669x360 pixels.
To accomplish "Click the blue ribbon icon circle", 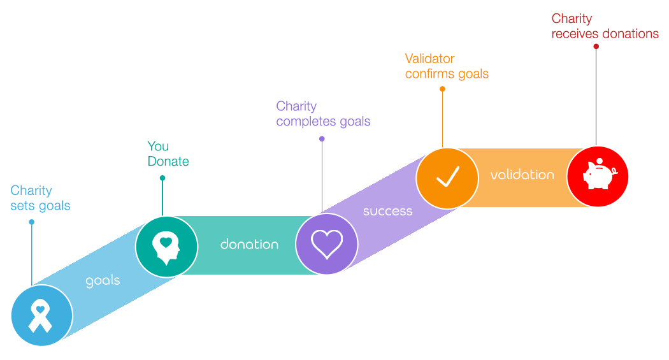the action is pyautogui.click(x=42, y=315).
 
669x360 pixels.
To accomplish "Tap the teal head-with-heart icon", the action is pyautogui.click(x=166, y=247).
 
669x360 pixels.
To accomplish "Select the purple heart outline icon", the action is pyautogui.click(x=327, y=243).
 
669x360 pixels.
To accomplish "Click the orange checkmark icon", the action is pyautogui.click(x=447, y=178).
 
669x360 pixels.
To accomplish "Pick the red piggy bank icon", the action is pyautogui.click(x=598, y=176).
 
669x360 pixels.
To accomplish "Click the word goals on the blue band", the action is pyautogui.click(x=103, y=280).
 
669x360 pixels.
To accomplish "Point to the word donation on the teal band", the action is pyautogui.click(x=249, y=244).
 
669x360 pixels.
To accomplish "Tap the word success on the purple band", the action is pyautogui.click(x=387, y=211).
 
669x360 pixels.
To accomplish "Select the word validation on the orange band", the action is pyautogui.click(x=522, y=174).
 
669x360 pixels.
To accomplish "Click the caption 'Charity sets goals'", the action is pyautogui.click(x=40, y=198).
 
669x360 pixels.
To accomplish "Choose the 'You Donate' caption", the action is pyautogui.click(x=168, y=154).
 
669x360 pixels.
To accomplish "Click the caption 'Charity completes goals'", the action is pyautogui.click(x=323, y=113).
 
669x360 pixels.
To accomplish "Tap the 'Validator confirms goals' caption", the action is pyautogui.click(x=447, y=66).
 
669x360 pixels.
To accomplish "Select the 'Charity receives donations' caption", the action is pyautogui.click(x=605, y=26).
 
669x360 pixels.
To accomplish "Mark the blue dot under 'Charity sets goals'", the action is pyautogui.click(x=32, y=222).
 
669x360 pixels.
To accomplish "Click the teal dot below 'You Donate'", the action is pyautogui.click(x=162, y=178).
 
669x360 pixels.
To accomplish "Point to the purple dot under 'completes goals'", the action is pyautogui.click(x=322, y=139).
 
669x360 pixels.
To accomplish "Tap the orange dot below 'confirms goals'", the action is pyautogui.click(x=442, y=89).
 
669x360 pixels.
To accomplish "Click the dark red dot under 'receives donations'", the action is pyautogui.click(x=596, y=46).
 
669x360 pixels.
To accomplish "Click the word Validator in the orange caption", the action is pyautogui.click(x=429, y=59).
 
